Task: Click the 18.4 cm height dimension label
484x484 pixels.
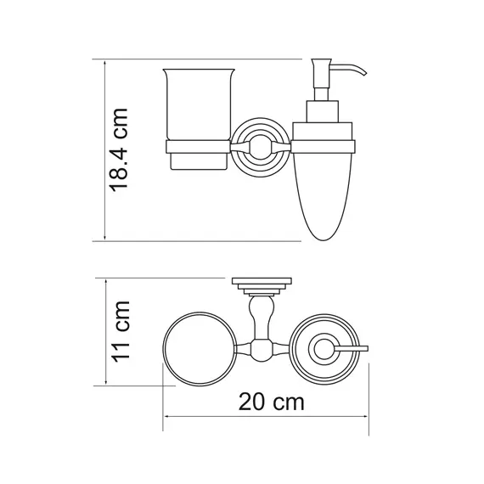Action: click(119, 150)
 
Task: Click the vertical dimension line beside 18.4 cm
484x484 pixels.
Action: click(104, 150)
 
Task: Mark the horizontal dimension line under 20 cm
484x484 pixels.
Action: click(265, 418)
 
